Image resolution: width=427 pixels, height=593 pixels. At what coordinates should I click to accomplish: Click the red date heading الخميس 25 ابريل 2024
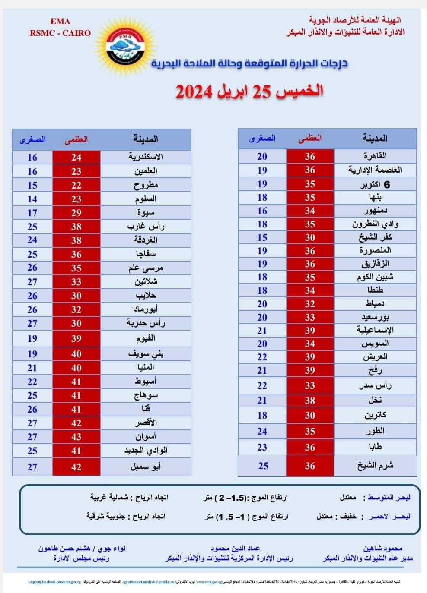click(x=249, y=91)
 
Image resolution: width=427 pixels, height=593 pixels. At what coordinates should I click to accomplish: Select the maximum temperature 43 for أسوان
click(x=76, y=437)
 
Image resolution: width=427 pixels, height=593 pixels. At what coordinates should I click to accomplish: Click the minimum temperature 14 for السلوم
click(x=32, y=199)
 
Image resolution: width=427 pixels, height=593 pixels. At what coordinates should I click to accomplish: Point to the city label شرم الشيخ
click(x=375, y=466)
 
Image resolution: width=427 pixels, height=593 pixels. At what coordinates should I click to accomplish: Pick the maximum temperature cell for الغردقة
click(x=76, y=240)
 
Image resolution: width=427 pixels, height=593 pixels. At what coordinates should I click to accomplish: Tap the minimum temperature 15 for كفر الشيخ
click(x=262, y=237)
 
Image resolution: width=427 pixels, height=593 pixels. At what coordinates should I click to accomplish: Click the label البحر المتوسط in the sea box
click(x=390, y=497)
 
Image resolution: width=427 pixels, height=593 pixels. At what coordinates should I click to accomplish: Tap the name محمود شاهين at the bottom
click(x=382, y=548)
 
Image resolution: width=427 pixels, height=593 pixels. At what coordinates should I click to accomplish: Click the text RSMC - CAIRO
click(x=61, y=33)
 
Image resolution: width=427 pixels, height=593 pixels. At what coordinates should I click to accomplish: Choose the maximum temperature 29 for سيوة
click(x=76, y=213)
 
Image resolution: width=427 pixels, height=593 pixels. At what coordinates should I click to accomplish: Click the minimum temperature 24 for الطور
click(x=262, y=431)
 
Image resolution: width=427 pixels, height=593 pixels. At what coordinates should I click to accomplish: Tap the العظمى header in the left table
click(x=76, y=139)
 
